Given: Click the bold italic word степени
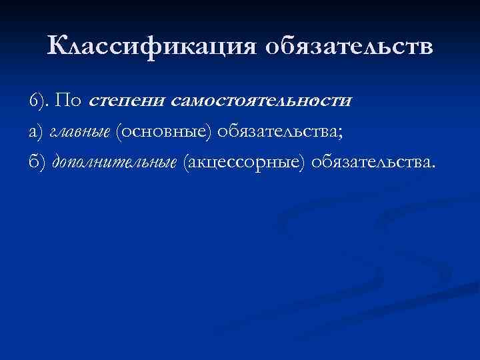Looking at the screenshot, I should pos(127,101).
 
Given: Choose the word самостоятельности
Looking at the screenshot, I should pos(261,101).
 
